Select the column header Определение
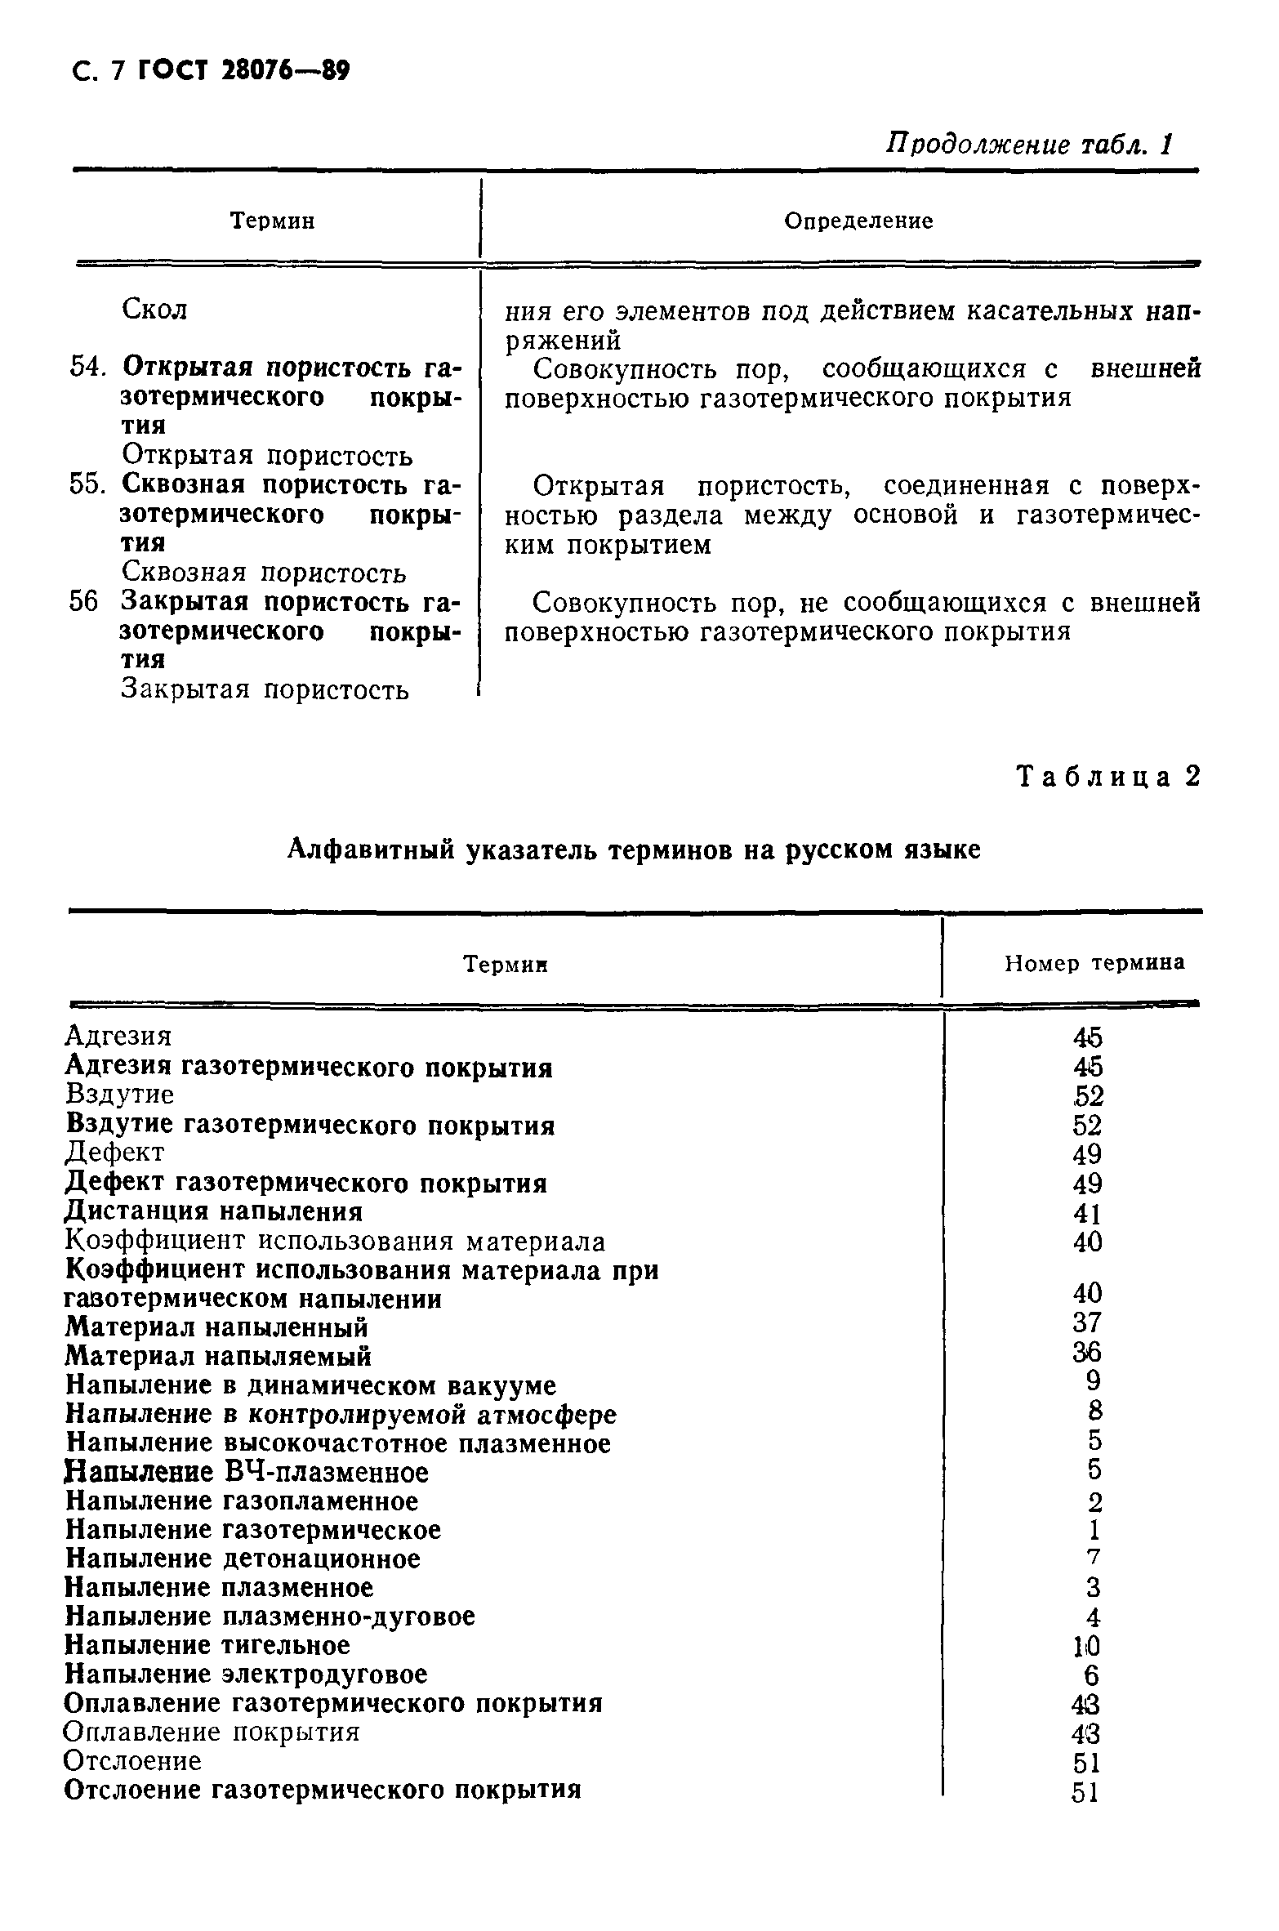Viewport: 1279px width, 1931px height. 858,221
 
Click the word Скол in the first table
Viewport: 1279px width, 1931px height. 154,310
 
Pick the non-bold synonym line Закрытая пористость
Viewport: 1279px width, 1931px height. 265,689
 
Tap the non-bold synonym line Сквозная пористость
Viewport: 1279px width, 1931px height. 263,573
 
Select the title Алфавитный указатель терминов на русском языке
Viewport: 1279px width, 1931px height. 635,850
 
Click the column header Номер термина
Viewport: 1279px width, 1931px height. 1094,964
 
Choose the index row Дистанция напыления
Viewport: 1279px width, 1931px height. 214,1211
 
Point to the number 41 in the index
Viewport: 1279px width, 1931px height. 1087,1213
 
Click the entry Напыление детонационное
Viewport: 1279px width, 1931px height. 243,1559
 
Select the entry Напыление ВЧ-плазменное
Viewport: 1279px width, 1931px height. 247,1472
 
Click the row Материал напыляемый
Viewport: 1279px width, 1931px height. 218,1356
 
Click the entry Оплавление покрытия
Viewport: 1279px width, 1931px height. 212,1732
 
